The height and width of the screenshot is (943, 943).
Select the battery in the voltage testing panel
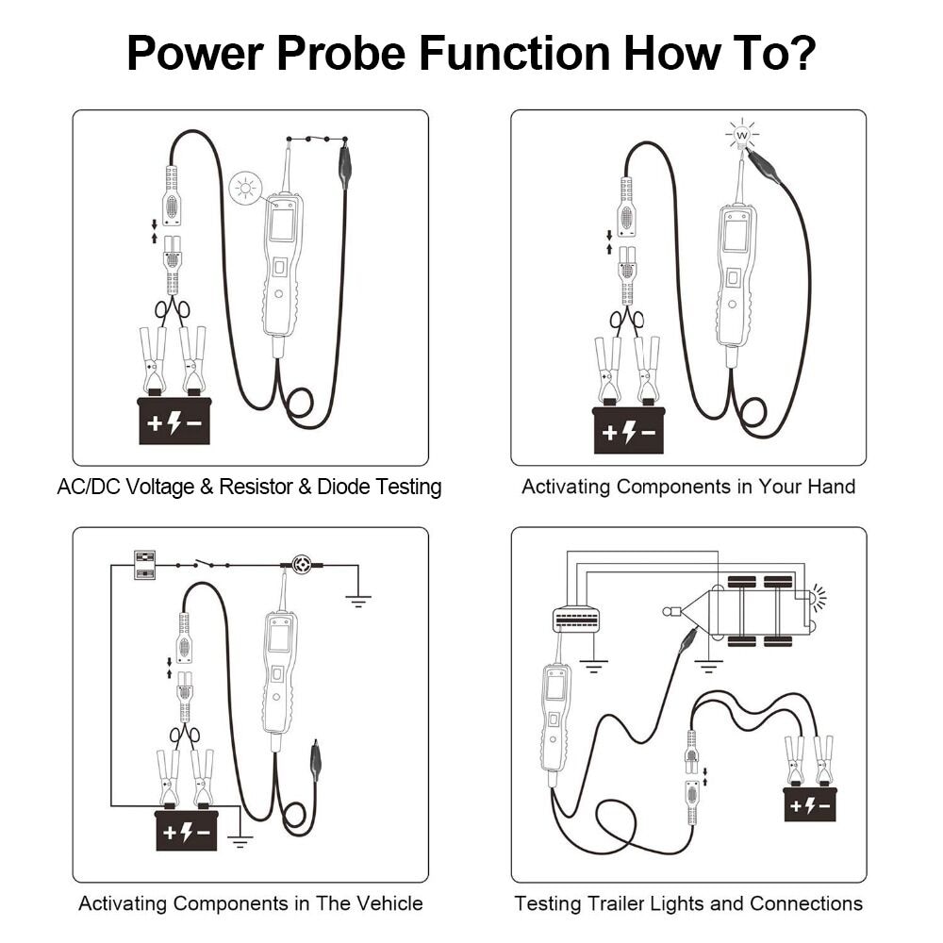(x=174, y=421)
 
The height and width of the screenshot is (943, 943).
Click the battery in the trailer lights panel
(x=809, y=803)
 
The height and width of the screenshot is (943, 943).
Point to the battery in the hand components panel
(x=629, y=430)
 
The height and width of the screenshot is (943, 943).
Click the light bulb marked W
(x=742, y=136)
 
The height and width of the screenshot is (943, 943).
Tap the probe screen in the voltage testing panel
(x=281, y=225)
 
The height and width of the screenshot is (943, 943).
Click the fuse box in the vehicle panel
(x=145, y=564)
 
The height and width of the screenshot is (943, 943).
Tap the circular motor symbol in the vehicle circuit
(x=303, y=565)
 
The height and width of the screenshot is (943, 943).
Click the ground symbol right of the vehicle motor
(x=358, y=597)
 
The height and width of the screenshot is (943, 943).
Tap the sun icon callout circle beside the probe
(x=246, y=189)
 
